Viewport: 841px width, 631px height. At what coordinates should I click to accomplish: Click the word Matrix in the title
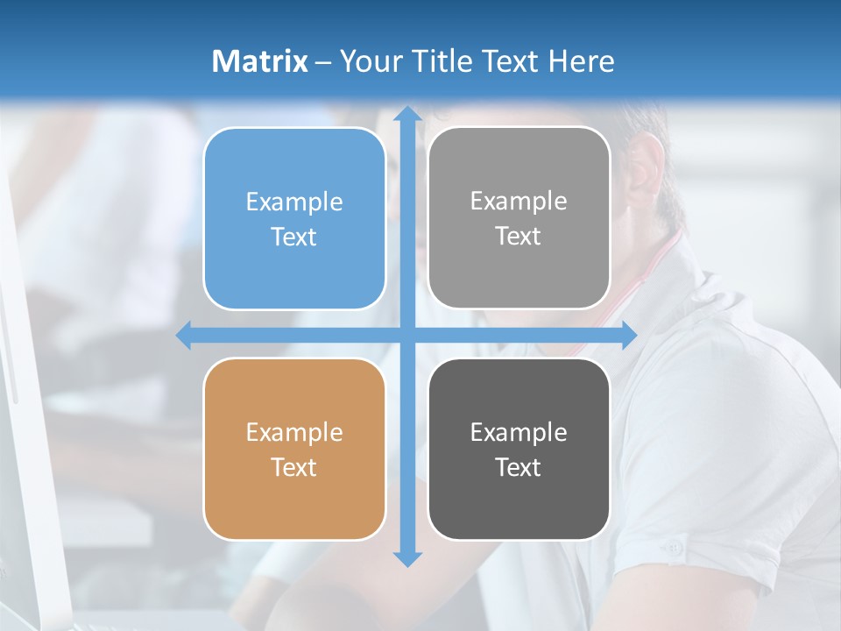[x=260, y=61]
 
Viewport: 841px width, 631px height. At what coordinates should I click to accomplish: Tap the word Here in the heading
[x=581, y=61]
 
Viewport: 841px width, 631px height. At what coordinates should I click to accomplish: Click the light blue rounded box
[x=294, y=219]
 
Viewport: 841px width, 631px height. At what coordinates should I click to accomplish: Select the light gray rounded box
[x=519, y=219]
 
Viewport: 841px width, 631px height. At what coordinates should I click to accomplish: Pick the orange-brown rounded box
[x=294, y=449]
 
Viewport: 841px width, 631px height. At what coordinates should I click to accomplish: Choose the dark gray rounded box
[x=519, y=449]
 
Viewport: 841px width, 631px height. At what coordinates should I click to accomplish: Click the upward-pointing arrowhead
[x=407, y=115]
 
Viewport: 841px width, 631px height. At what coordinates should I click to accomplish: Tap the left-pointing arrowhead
[x=184, y=336]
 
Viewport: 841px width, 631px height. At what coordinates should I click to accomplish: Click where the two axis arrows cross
[x=407, y=336]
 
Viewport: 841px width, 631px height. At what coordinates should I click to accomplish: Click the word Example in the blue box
[x=294, y=202]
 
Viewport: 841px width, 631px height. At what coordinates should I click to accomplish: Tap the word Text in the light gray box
[x=519, y=237]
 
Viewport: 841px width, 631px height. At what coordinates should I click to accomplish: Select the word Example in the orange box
[x=294, y=432]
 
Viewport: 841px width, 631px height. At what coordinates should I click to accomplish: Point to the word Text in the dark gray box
[x=519, y=467]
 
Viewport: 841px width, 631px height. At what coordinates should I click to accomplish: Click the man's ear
[x=647, y=171]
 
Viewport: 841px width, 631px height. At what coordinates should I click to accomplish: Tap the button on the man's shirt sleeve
[x=672, y=548]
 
